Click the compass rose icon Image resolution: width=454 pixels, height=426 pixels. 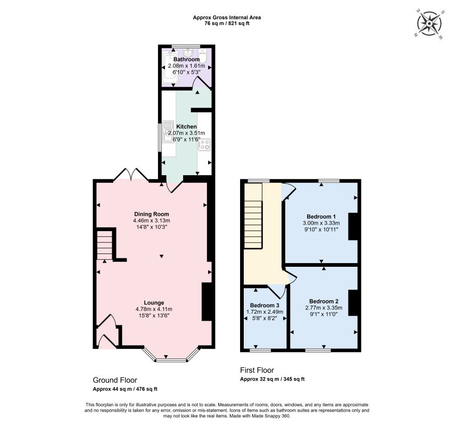click(x=430, y=23)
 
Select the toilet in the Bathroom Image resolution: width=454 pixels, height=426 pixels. click(x=202, y=56)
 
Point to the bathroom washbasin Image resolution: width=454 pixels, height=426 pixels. click(x=188, y=52)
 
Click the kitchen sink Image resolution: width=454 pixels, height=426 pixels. click(x=168, y=132)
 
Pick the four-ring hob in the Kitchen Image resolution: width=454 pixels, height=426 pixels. click(x=204, y=144)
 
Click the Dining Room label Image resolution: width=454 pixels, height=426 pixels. click(x=152, y=214)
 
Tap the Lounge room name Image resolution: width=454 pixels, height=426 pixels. click(x=154, y=302)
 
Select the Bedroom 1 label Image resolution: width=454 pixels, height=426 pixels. click(x=321, y=216)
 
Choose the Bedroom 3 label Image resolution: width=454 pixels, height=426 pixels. click(x=265, y=305)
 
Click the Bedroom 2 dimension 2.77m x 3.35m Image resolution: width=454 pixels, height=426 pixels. click(x=324, y=308)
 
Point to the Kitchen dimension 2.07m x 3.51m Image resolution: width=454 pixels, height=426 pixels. click(x=186, y=133)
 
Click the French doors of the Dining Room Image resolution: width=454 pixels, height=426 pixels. click(x=131, y=175)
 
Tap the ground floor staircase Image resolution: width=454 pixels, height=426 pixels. click(x=104, y=245)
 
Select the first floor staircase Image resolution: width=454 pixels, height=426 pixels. click(x=253, y=216)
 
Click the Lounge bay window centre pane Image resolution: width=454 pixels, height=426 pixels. click(x=171, y=361)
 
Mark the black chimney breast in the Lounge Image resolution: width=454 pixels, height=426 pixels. click(x=207, y=302)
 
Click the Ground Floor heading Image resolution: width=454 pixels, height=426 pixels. click(x=115, y=380)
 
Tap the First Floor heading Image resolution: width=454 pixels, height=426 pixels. click(x=257, y=370)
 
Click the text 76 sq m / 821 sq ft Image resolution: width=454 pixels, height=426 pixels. click(x=227, y=23)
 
